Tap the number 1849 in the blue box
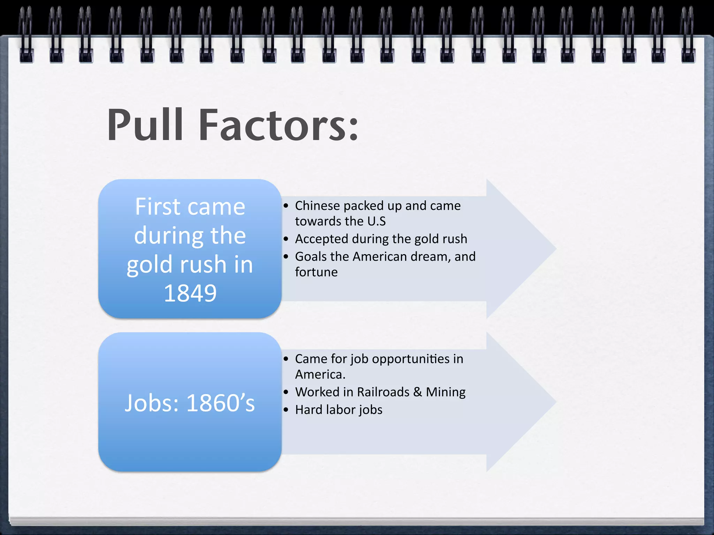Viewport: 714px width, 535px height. (x=190, y=293)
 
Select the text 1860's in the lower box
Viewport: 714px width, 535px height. (x=221, y=403)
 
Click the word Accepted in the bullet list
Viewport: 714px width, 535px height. (x=321, y=239)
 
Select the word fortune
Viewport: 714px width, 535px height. (x=316, y=272)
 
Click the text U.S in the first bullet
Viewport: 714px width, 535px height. (x=377, y=222)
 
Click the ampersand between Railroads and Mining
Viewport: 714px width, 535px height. (x=418, y=392)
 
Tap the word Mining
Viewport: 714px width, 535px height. (x=446, y=393)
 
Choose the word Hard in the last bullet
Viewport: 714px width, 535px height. (x=309, y=410)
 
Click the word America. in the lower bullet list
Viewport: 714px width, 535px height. (x=320, y=375)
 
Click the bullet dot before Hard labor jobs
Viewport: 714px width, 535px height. (x=286, y=410)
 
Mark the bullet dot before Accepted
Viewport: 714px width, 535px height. (x=286, y=239)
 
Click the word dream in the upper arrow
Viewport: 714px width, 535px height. (x=428, y=257)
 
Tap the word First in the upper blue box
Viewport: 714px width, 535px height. (x=157, y=207)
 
